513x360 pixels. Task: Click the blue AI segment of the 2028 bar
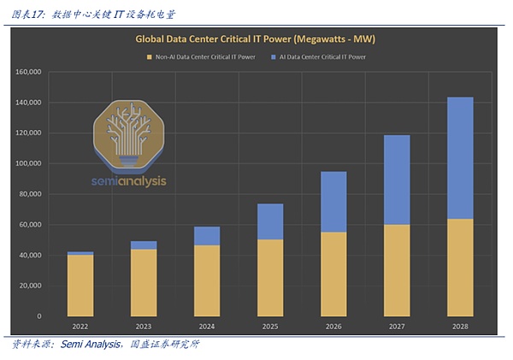(459, 158)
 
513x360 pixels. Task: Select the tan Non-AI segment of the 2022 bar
(80, 285)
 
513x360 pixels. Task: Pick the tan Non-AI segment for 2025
(270, 277)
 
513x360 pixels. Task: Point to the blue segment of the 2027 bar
(396, 180)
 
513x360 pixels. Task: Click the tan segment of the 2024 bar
(207, 280)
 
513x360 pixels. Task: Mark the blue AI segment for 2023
(144, 245)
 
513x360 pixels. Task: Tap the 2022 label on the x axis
(80, 326)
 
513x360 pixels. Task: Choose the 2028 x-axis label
(459, 326)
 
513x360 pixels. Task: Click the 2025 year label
(270, 326)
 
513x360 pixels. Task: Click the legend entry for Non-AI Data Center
(201, 57)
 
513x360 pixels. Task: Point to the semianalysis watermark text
(130, 181)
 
